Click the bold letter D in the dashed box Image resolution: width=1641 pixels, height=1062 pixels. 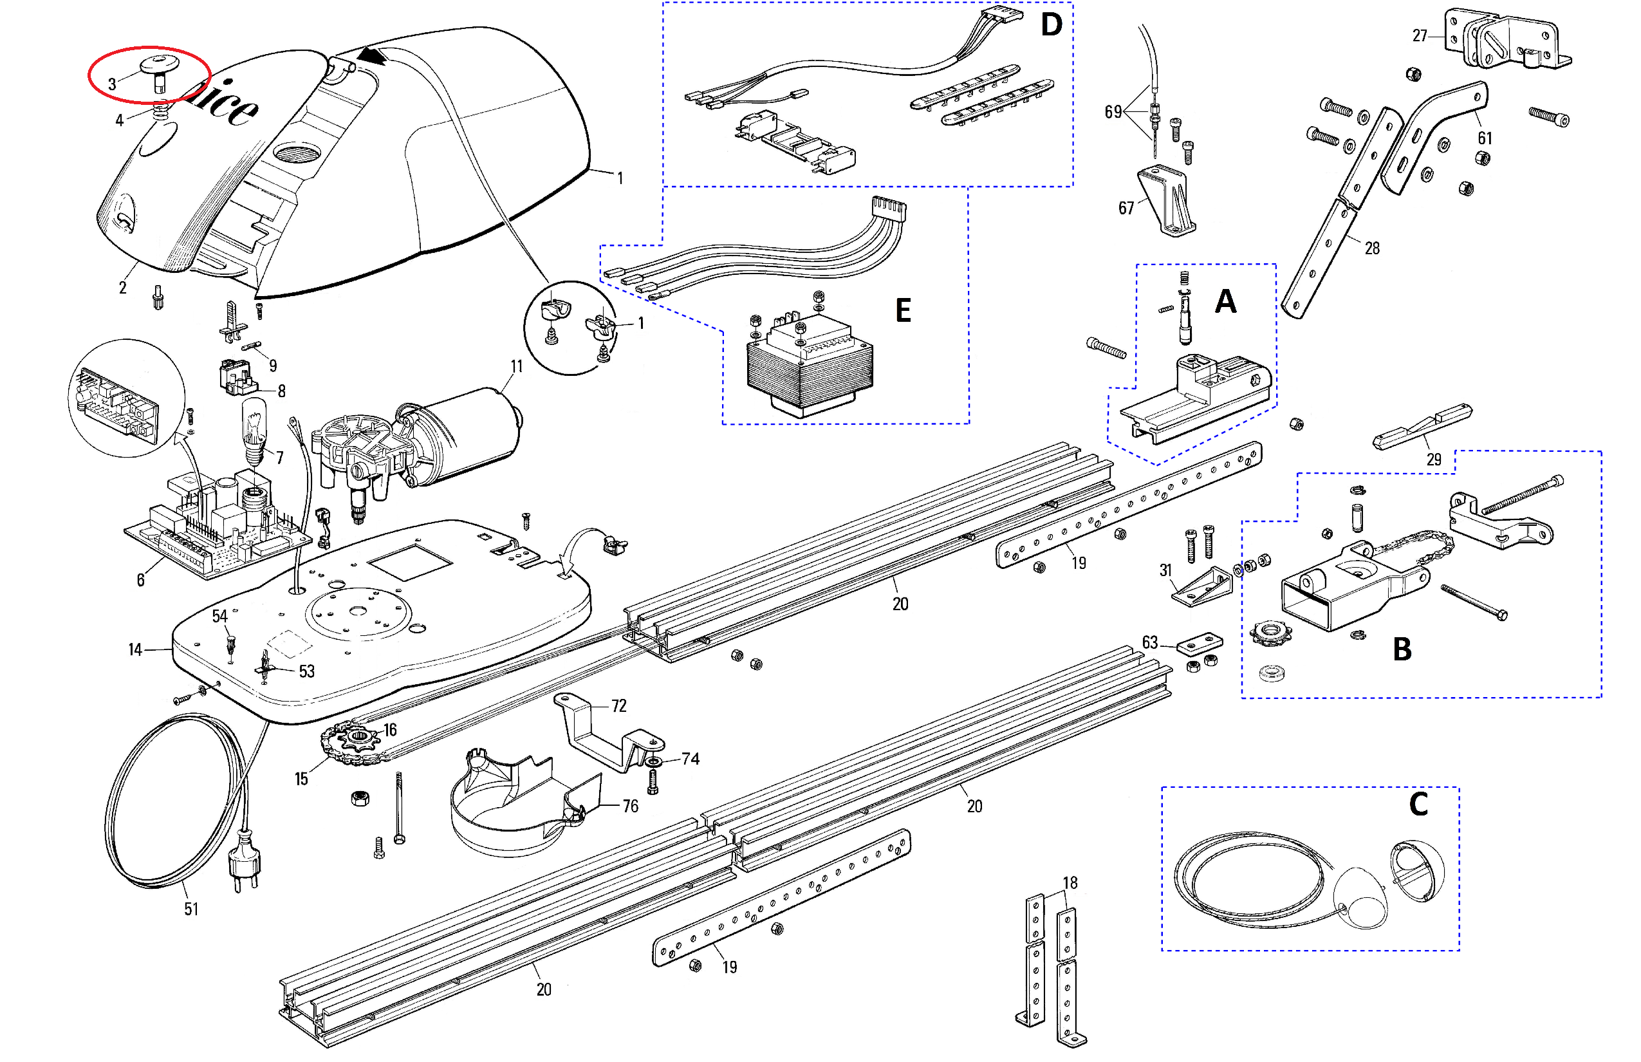coord(1051,25)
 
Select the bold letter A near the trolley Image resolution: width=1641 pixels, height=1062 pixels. coord(1225,301)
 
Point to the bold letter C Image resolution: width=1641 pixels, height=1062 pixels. coord(1418,804)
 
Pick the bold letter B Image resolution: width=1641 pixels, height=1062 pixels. coord(1402,649)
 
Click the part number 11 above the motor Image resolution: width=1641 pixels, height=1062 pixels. coord(516,366)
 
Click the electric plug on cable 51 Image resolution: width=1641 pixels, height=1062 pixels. coord(245,858)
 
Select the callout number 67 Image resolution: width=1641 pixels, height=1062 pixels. coord(1126,209)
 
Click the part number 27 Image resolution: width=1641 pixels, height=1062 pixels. coord(1420,36)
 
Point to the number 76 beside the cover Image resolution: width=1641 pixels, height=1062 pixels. coord(630,806)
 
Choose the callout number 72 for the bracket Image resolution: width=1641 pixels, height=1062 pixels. coord(618,705)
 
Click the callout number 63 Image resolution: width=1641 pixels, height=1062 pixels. coord(1150,642)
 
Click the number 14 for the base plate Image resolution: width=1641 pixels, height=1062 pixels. coord(135,649)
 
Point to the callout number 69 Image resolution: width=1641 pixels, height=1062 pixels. coord(1113,112)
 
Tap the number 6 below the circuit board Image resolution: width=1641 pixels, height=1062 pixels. coord(141,580)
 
